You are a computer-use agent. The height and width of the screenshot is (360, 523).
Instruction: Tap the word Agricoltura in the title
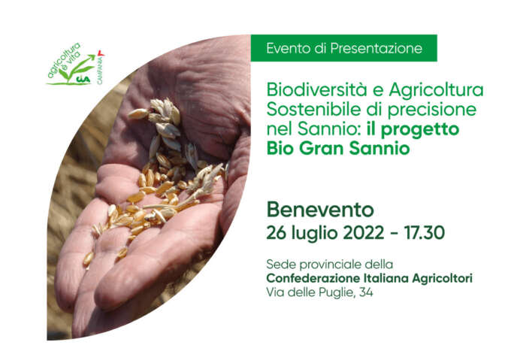[436, 90]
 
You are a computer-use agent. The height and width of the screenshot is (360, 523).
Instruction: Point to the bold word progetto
[420, 130]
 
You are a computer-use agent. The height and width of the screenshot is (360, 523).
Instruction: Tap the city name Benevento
[320, 210]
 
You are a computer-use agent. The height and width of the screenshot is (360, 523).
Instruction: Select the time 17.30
[425, 232]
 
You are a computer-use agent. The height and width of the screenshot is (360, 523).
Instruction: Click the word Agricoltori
[443, 279]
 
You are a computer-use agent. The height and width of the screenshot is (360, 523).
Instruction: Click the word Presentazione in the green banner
[376, 48]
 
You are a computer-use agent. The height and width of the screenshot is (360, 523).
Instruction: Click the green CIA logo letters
[83, 80]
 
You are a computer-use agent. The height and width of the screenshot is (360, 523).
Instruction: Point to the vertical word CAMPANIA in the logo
[100, 69]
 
